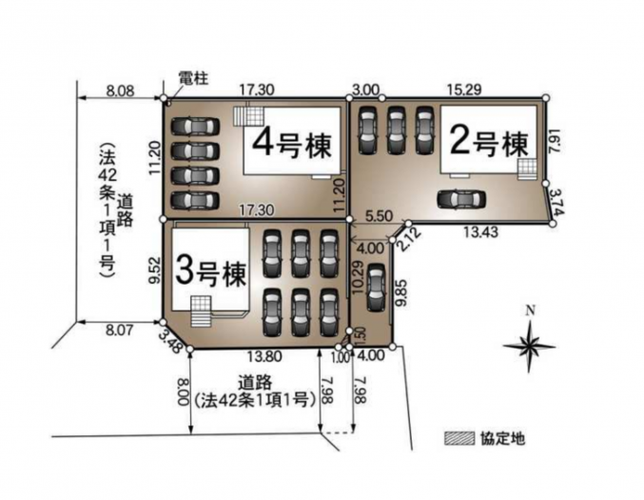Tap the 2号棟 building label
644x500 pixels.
(489, 143)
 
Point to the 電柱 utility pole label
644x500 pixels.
(193, 78)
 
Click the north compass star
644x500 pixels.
(530, 346)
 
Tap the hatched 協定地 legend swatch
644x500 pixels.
(459, 438)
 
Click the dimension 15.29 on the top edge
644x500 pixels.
(464, 89)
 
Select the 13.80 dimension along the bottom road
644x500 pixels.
(264, 356)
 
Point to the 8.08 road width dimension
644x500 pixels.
(120, 90)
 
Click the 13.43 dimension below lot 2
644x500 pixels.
(481, 232)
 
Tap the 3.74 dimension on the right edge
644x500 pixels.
(557, 202)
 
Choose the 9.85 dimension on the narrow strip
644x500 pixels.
(401, 292)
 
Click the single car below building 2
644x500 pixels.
(461, 200)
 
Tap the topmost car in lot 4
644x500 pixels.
(195, 126)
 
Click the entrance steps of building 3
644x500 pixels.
(201, 312)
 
